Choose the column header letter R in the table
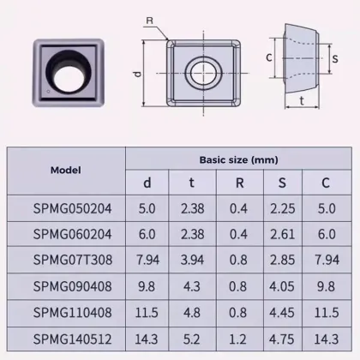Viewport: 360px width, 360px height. click(239, 182)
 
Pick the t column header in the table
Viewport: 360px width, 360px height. click(193, 182)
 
